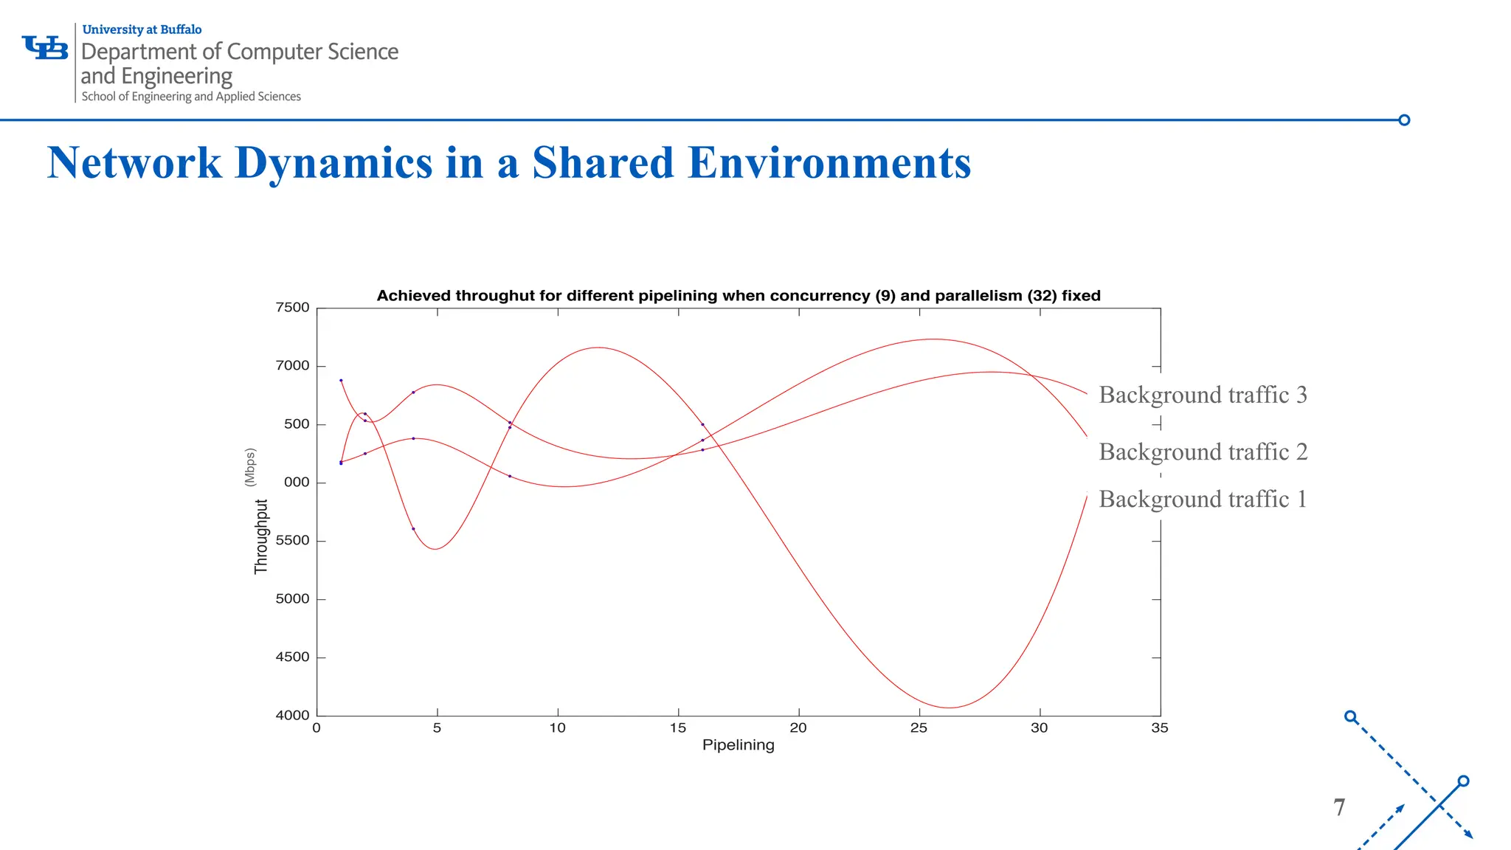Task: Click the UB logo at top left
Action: (45, 48)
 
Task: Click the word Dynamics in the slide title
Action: (333, 163)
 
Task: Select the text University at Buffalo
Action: (142, 30)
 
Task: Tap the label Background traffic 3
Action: (1203, 395)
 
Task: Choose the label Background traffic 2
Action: (1203, 452)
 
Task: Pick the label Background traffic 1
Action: (1203, 500)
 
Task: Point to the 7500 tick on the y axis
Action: (292, 308)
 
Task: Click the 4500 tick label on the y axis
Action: (292, 657)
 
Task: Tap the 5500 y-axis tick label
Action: (292, 541)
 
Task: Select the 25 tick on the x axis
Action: (919, 728)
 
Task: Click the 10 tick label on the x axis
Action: (557, 728)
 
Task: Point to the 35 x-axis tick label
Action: (1159, 728)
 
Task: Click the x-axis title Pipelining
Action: (738, 745)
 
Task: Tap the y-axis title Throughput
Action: (261, 536)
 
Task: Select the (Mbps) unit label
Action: (250, 467)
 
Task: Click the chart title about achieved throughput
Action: (738, 296)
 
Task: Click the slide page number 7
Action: (1339, 807)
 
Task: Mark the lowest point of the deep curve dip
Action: (950, 708)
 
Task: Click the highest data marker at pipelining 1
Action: (341, 381)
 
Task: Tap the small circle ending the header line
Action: (1404, 120)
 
